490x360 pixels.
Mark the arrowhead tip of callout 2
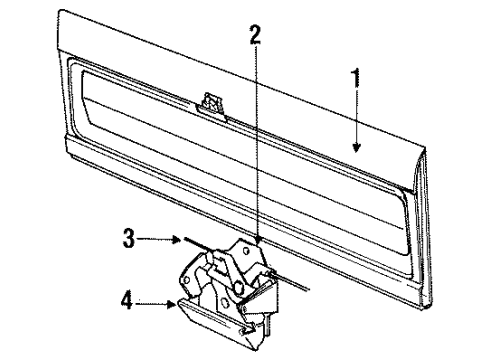tap(256, 244)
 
